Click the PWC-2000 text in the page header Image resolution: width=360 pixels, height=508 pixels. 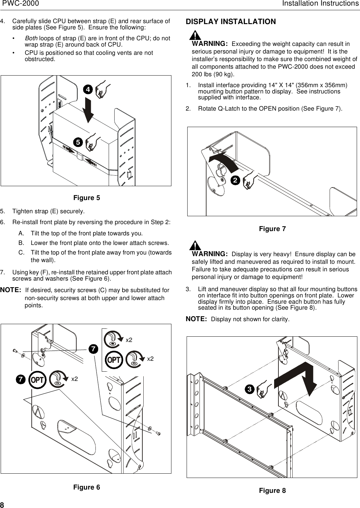20,4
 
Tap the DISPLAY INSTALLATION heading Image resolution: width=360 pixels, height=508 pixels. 231,22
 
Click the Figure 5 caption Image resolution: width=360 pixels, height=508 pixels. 87,198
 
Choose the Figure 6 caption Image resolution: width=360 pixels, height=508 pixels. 87,487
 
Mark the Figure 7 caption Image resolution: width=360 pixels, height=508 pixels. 272,229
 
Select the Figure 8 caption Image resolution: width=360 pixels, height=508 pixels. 272,491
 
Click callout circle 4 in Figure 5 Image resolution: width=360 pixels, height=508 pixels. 87,89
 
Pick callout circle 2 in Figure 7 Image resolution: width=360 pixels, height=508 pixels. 235,180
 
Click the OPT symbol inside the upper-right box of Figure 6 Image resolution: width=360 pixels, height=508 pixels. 114,360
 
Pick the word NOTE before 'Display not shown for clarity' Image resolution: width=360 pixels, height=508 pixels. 196,319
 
